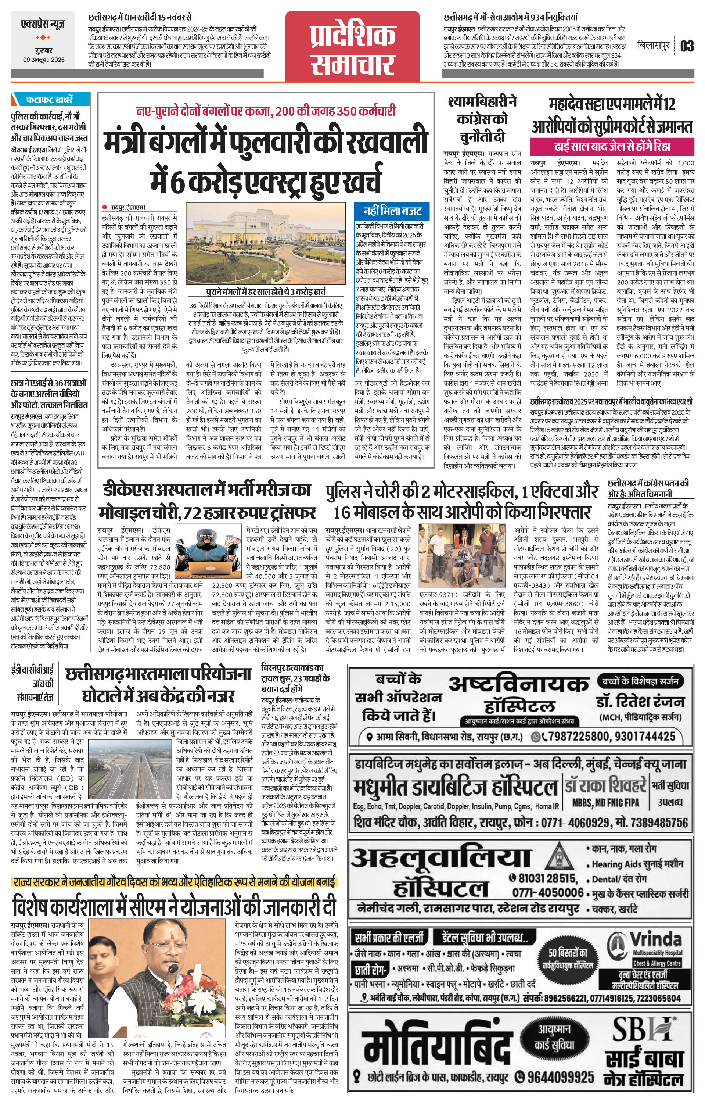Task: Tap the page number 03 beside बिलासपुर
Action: [x=687, y=46]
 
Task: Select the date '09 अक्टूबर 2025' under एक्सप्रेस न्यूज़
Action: [x=44, y=60]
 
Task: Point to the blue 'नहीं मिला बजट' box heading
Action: [x=392, y=211]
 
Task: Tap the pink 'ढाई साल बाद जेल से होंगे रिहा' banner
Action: [x=612, y=147]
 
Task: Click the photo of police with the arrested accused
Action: [x=463, y=555]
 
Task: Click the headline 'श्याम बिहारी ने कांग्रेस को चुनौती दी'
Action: [x=482, y=119]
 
